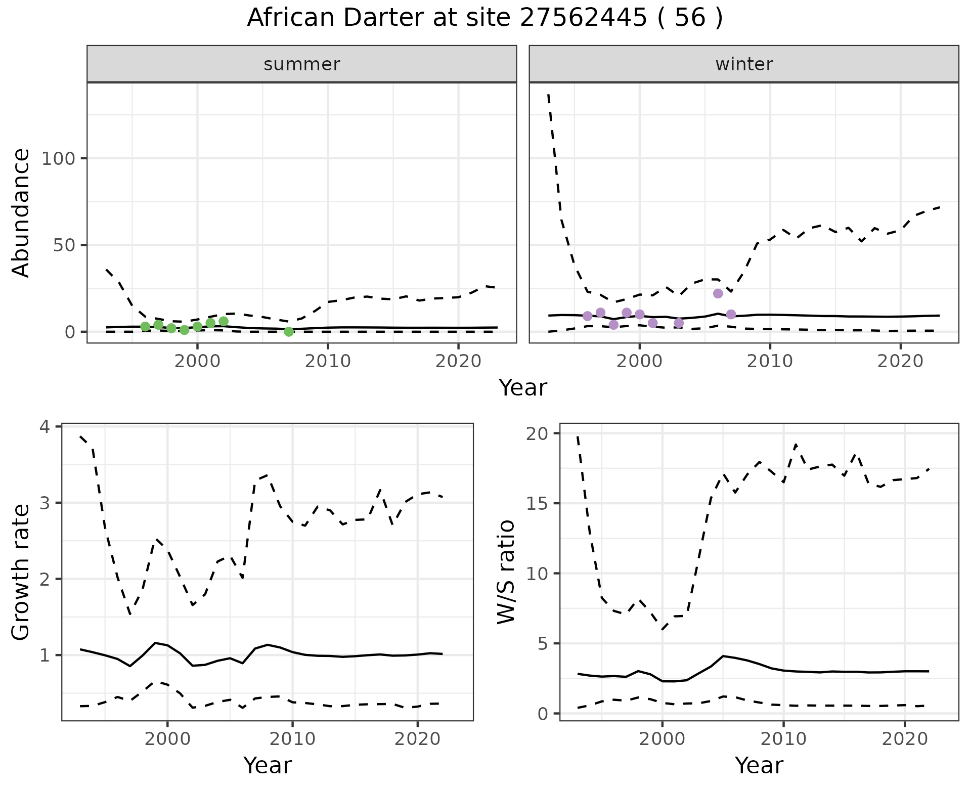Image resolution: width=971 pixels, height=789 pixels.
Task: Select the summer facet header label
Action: (x=302, y=64)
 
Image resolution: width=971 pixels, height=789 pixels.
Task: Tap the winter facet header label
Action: (x=744, y=64)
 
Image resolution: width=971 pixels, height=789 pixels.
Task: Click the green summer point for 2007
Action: (x=289, y=332)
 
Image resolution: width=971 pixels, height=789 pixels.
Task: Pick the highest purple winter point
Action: (x=718, y=293)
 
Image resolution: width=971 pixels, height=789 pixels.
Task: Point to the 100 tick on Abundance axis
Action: (x=57, y=159)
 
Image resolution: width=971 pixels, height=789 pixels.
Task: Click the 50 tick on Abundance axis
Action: (x=63, y=245)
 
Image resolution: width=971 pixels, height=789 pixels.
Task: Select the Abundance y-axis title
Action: (x=21, y=213)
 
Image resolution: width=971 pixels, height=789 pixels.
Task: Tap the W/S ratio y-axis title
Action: (x=506, y=572)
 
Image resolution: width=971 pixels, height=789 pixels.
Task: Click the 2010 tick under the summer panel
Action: (x=328, y=361)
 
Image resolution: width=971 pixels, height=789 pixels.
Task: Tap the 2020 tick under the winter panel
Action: (x=900, y=361)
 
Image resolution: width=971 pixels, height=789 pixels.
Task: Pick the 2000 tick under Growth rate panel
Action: (x=168, y=739)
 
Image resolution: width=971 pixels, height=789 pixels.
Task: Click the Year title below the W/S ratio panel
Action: (x=759, y=765)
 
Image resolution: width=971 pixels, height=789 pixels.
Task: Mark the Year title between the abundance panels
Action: (x=523, y=388)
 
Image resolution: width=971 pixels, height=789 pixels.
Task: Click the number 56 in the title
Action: (x=690, y=18)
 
